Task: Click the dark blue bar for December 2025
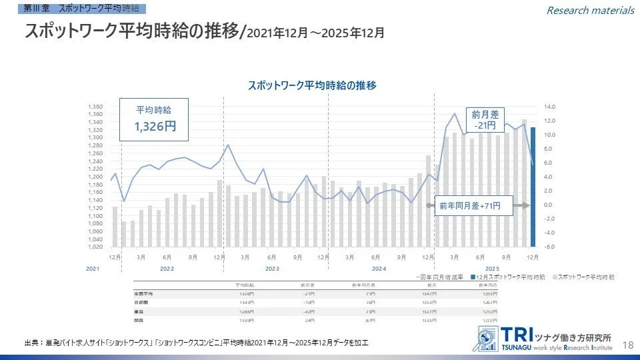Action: pos(533,187)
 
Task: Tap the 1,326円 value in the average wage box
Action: pos(155,126)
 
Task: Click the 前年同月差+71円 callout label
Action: pos(475,207)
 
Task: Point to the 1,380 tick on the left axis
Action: pos(95,107)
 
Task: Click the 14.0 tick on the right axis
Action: pos(549,107)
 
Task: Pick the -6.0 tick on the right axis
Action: pos(549,247)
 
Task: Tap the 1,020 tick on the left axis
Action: pos(95,247)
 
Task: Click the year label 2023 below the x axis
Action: pos(271,268)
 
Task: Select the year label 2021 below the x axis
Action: pos(93,268)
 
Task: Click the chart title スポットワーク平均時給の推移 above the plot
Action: pos(312,85)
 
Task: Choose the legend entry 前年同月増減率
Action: pos(441,276)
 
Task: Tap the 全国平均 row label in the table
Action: pos(145,293)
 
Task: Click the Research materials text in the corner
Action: pos(590,10)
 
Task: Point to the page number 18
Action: pos(627,345)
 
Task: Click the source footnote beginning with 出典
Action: pos(196,343)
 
